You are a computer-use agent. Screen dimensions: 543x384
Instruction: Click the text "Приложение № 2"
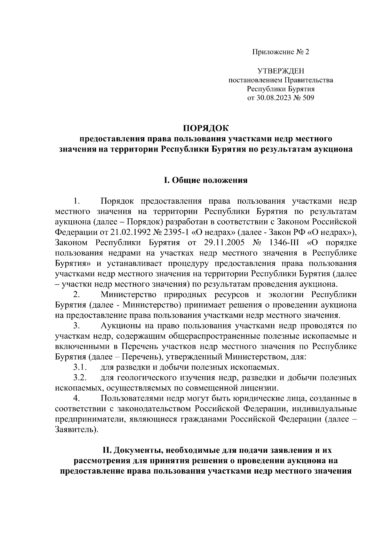pyautogui.click(x=281, y=52)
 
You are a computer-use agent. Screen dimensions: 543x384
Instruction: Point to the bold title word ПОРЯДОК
pyautogui.click(x=206, y=129)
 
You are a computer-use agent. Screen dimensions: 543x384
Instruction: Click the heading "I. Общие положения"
pyautogui.click(x=206, y=180)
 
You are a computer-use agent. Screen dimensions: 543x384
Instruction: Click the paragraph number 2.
pyautogui.click(x=76, y=294)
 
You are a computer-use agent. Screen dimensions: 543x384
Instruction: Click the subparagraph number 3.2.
pyautogui.click(x=78, y=378)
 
